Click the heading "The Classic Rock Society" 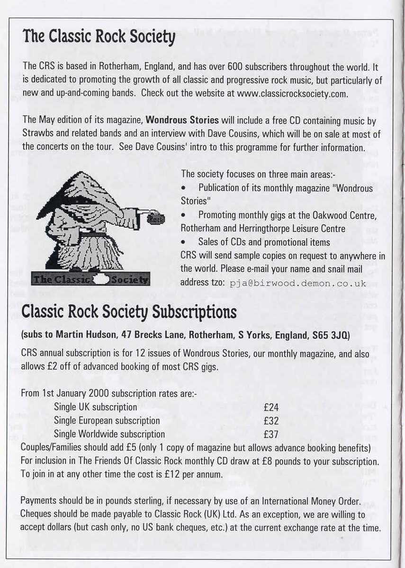pyautogui.click(x=99, y=37)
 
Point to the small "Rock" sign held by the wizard pyautogui.click(x=155, y=219)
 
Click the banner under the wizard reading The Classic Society pyautogui.click(x=90, y=279)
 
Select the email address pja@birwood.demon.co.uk pyautogui.click(x=298, y=284)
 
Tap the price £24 pyautogui.click(x=271, y=407)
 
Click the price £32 pyautogui.click(x=271, y=421)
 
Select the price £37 pyautogui.click(x=271, y=434)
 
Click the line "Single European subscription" pyautogui.click(x=107, y=421)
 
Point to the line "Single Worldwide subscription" pyautogui.click(x=109, y=434)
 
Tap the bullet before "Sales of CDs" pyautogui.click(x=183, y=242)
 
